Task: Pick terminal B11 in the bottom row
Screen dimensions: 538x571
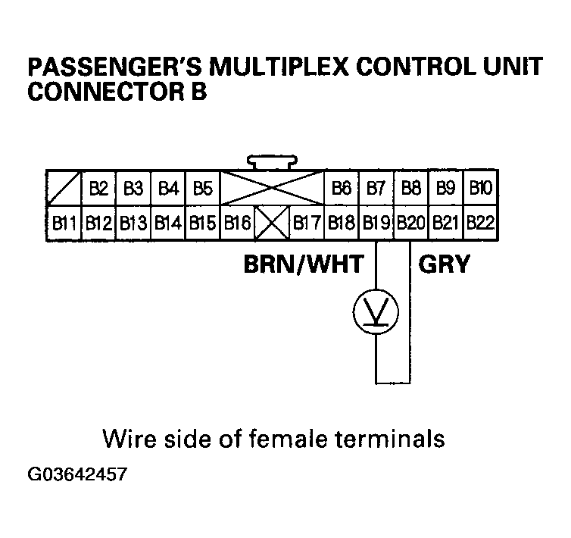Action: (x=64, y=223)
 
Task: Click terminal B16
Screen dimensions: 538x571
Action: (x=238, y=223)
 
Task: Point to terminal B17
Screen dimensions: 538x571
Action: (x=307, y=223)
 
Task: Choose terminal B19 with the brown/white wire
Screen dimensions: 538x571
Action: (x=376, y=223)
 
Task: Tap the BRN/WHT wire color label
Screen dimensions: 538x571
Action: (x=303, y=264)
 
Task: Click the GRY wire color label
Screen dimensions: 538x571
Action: (x=445, y=264)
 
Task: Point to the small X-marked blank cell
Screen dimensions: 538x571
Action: (x=272, y=223)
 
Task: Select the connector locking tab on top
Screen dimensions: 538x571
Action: (x=272, y=163)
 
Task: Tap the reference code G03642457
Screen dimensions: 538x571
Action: (x=76, y=477)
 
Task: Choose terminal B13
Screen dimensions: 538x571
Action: (x=133, y=223)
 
